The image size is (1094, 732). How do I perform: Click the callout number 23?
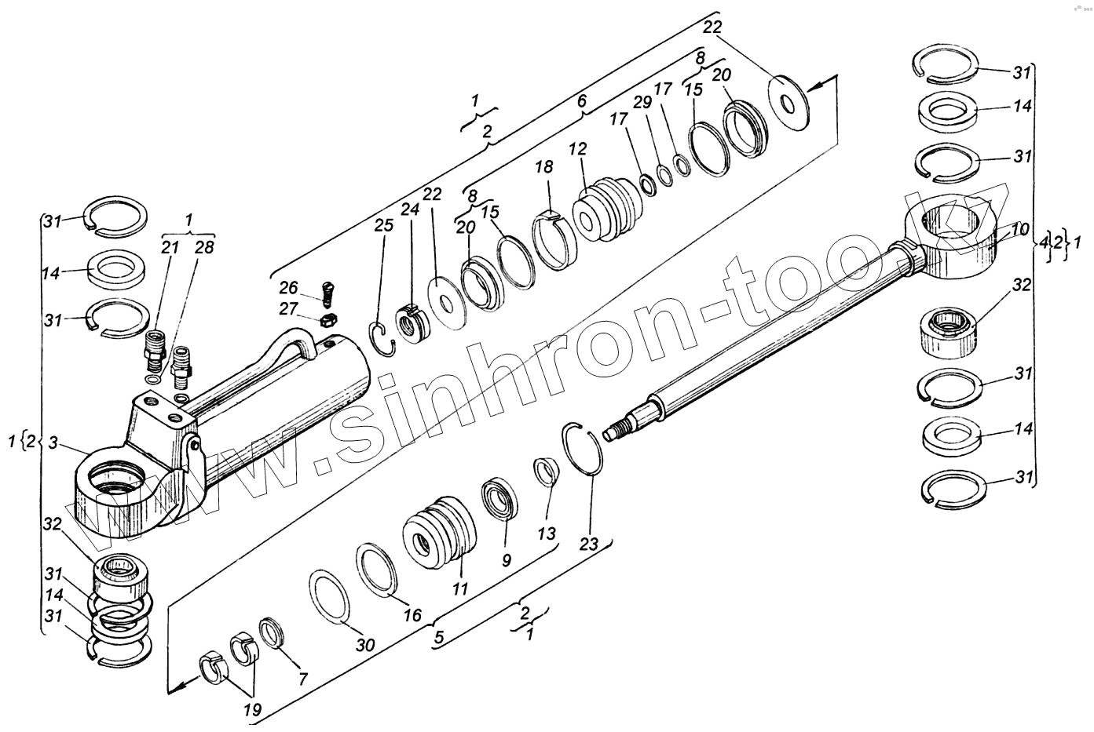[590, 544]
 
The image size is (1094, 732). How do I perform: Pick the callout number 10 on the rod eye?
[1019, 230]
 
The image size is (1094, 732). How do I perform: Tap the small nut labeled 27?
[331, 320]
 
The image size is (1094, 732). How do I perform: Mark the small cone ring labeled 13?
[545, 473]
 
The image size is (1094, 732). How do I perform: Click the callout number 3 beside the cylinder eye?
[53, 442]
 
